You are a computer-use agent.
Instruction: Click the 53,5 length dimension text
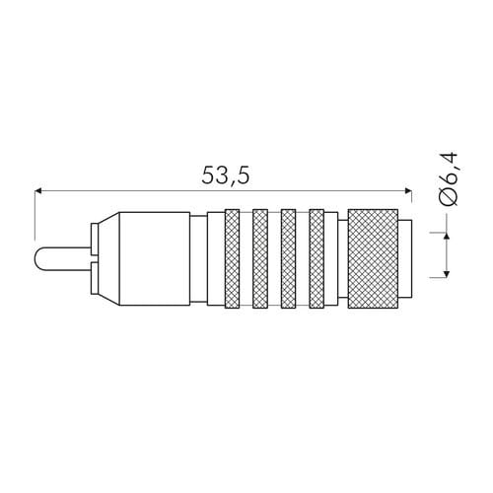coord(226,176)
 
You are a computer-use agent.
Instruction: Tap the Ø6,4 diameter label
coord(450,178)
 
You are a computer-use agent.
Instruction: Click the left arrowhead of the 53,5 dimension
coord(38,191)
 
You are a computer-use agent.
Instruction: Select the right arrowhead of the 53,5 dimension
coord(408,191)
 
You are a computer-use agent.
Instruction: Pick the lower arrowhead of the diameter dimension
coord(447,273)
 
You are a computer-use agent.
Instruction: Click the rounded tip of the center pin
coord(36,258)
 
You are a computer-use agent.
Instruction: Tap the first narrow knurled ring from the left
coord(232,258)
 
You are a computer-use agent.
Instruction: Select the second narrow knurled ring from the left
coord(260,258)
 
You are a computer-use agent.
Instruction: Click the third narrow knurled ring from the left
coord(289,258)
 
